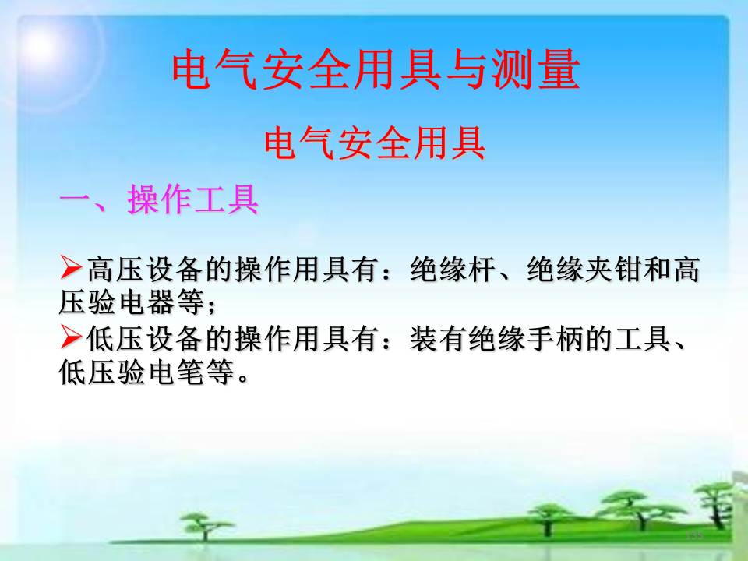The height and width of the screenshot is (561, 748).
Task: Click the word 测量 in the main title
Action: (536, 71)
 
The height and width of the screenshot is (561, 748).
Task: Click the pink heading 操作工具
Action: (193, 199)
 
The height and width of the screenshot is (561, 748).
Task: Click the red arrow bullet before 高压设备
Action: (71, 267)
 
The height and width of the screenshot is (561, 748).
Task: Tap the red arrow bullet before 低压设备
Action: (71, 337)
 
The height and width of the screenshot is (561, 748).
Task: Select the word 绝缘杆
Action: (453, 269)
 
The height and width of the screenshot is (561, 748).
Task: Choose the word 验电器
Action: (131, 302)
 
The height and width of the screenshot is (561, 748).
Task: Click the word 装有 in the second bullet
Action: (439, 339)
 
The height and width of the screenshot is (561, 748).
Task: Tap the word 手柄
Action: (556, 339)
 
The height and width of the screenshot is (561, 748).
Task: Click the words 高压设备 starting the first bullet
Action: (146, 269)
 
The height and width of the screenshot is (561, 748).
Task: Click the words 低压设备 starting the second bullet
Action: (146, 339)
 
